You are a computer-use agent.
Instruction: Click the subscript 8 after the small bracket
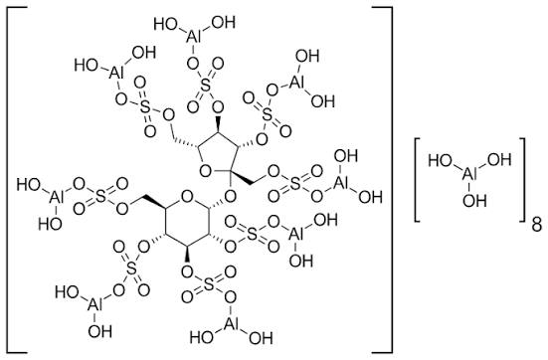point(537,226)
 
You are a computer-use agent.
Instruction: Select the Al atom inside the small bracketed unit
point(469,174)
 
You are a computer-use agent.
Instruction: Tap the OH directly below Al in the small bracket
point(474,200)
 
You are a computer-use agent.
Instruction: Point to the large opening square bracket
point(17,179)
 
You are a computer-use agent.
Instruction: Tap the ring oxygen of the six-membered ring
point(187,198)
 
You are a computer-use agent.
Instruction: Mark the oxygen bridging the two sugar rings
point(231,198)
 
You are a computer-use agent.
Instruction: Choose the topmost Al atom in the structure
point(193,37)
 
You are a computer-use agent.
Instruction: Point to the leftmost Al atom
point(55,198)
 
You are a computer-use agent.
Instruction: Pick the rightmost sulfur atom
point(295,185)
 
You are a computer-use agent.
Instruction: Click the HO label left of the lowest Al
point(202,338)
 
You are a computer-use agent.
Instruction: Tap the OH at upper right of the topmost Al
point(224,23)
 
